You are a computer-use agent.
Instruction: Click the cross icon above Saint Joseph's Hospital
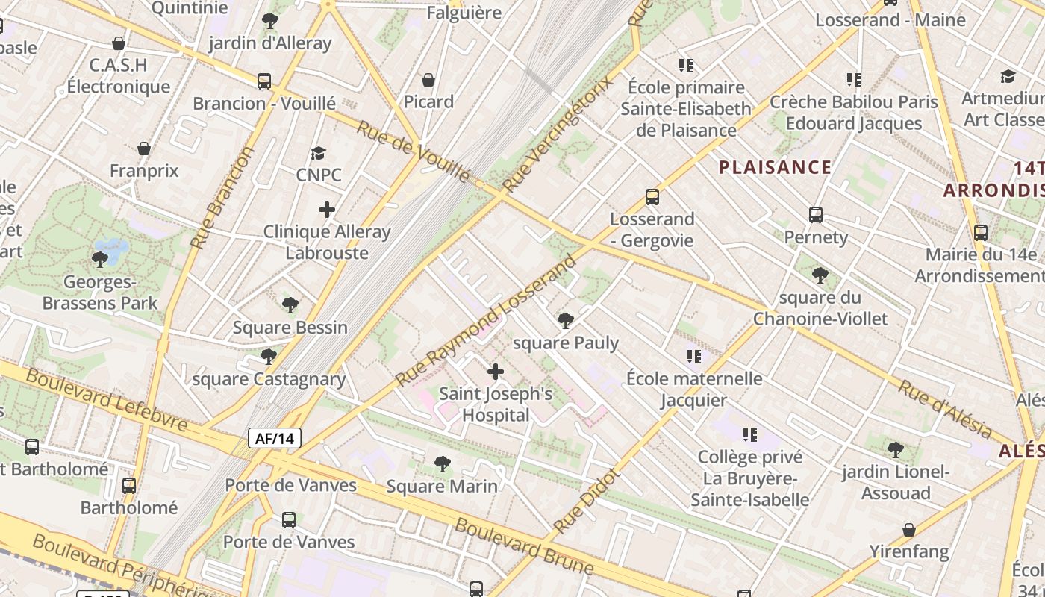coord(496,371)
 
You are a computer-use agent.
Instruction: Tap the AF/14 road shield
coord(275,438)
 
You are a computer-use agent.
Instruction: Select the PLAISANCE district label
coord(775,167)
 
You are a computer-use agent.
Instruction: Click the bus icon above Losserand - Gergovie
coord(652,197)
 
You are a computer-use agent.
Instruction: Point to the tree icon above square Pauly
coord(566,321)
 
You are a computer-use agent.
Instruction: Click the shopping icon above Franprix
coord(144,149)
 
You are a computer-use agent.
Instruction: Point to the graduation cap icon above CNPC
coord(319,153)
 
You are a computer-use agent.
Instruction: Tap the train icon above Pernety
coord(816,215)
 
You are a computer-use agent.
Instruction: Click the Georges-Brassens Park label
coord(100,293)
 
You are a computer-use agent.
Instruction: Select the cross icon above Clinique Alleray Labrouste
coord(327,210)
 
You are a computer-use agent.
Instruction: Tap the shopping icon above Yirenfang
coord(908,530)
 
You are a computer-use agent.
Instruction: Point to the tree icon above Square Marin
coord(443,464)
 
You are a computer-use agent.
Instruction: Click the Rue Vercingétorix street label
coord(558,133)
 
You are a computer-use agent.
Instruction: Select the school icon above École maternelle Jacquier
coord(694,357)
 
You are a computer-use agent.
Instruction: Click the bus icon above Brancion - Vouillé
coord(264,81)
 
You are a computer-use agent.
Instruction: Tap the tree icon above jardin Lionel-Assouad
coord(896,450)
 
